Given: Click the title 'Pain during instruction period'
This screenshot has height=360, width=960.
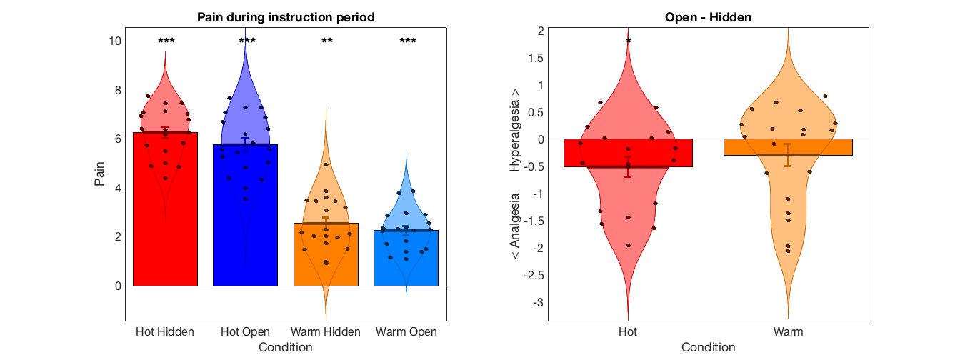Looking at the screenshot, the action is tap(286, 17).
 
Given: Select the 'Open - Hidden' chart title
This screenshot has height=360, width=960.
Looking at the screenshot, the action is tap(708, 17).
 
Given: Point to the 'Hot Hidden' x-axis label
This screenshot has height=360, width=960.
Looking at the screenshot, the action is tap(165, 331).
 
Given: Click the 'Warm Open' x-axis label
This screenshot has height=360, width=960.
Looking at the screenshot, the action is tap(406, 331).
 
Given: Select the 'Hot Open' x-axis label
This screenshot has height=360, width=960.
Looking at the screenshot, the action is tap(245, 331).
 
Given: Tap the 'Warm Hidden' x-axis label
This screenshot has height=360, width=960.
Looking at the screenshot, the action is tap(326, 331).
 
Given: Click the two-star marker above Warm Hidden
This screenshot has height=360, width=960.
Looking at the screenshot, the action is tap(327, 41).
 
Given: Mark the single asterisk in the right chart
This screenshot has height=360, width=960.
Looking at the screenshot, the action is tap(629, 41).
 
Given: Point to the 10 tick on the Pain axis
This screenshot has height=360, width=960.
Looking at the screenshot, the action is tap(115, 41).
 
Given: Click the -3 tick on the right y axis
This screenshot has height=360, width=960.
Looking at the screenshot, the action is tap(539, 302).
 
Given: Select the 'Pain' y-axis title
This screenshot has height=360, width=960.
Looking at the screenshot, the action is tap(99, 174).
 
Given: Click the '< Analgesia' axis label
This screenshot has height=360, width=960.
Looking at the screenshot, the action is tap(514, 226).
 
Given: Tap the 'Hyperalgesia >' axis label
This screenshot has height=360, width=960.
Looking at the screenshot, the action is tap(514, 130).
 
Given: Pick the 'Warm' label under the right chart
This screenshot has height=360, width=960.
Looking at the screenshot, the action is tap(788, 331).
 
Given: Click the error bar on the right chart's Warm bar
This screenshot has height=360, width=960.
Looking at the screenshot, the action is tap(788, 155).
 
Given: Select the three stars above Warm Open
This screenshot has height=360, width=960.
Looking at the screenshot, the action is tap(408, 41).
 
